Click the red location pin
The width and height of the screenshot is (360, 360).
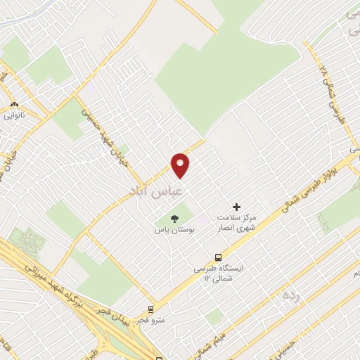181,165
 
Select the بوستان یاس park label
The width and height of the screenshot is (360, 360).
174,230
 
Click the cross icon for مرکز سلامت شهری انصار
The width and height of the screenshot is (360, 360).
237,207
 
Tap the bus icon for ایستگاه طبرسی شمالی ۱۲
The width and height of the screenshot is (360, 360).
218,257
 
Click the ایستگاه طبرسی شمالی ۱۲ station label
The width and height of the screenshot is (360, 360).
218,274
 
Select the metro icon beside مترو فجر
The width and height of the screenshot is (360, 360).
150,309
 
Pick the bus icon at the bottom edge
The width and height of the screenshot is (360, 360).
150,355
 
